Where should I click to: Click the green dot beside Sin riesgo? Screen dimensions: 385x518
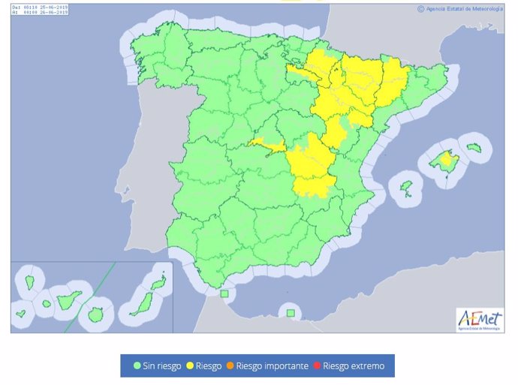(137, 366)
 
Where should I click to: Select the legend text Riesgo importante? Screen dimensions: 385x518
(272, 366)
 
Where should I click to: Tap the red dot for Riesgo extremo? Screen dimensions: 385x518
(318, 366)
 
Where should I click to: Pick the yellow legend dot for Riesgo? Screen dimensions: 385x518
(190, 366)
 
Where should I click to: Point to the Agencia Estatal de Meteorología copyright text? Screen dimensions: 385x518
(459, 9)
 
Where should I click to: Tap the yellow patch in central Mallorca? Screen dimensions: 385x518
(449, 158)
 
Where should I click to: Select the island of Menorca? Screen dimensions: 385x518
(474, 147)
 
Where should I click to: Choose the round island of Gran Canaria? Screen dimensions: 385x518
(95, 315)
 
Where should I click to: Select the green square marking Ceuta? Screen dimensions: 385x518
(224, 294)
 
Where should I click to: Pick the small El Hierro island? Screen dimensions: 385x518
(21, 313)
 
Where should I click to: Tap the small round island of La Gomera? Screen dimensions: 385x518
(47, 304)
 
